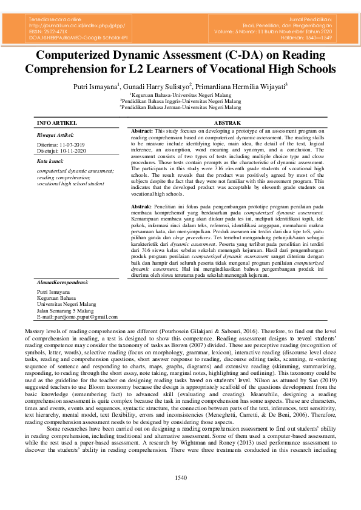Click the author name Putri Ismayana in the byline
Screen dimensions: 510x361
[x=95, y=86]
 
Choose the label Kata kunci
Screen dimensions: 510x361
[x=51, y=162]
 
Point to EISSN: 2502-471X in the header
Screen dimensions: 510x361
[x=50, y=31]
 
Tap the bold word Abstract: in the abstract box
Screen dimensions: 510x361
[x=143, y=131]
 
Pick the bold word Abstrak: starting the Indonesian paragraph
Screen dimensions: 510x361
[x=143, y=207]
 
